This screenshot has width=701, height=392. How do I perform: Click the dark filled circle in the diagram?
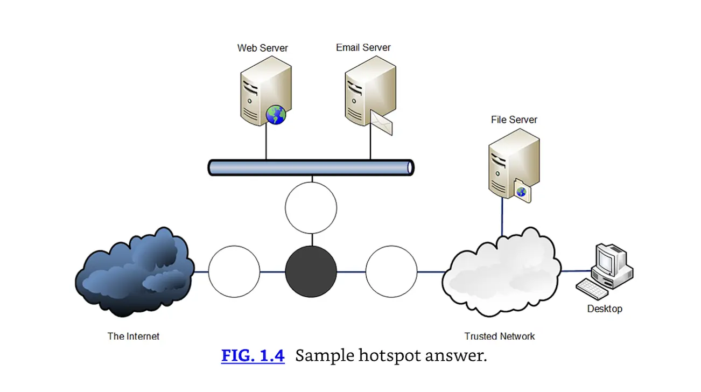(311, 272)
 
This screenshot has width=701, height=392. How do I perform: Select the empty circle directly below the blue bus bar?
(311, 208)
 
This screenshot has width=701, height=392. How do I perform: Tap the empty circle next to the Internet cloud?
(234, 272)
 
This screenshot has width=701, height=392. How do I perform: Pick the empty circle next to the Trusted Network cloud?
(391, 272)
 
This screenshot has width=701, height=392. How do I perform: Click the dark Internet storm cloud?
(135, 272)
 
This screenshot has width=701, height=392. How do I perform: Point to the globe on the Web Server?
(276, 115)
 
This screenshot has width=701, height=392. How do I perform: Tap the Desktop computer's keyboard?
(593, 288)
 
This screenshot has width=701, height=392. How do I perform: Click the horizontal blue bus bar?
(311, 167)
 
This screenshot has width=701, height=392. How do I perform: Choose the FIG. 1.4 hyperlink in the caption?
(253, 356)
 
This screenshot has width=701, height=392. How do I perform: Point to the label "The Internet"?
(134, 336)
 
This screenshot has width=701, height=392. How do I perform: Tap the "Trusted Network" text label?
(500, 336)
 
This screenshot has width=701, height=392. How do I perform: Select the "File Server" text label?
(514, 120)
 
